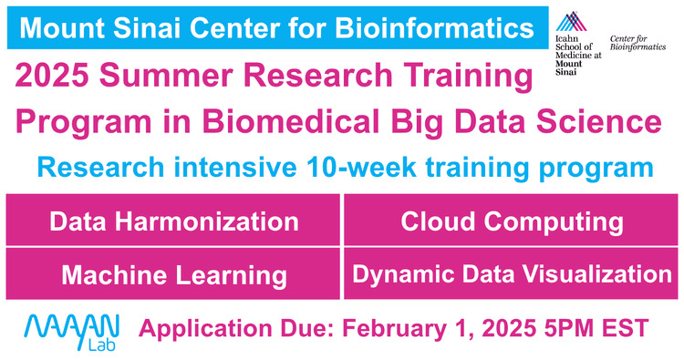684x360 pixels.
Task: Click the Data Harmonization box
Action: pyautogui.click(x=172, y=221)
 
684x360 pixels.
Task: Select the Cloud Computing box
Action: pyautogui.click(x=513, y=221)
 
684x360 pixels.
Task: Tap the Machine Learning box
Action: pyautogui.click(x=172, y=274)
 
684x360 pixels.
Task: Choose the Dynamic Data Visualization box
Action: pyautogui.click(x=513, y=274)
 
